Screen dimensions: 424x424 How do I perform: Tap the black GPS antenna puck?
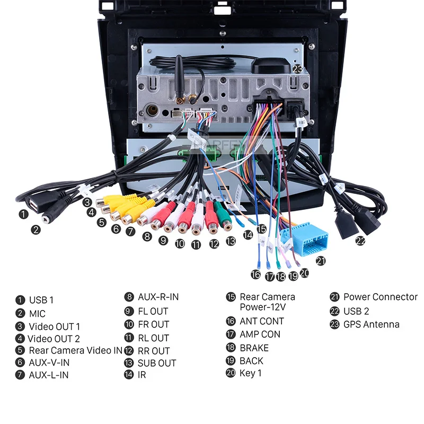(x=272, y=66)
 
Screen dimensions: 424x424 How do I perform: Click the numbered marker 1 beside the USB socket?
(x=23, y=215)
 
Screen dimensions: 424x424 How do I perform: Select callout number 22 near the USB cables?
(x=360, y=241)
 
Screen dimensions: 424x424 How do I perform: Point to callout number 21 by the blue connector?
(x=321, y=260)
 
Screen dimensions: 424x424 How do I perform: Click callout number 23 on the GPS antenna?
(x=298, y=69)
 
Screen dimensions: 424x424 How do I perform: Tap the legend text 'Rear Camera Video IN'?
(x=75, y=350)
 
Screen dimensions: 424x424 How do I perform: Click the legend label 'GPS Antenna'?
(x=371, y=324)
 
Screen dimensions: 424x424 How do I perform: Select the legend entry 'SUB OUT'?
(x=157, y=363)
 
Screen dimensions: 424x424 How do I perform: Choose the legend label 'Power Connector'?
(x=380, y=297)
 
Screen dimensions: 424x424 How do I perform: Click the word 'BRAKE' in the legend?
(x=254, y=348)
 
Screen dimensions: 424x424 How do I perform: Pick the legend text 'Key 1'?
(x=250, y=373)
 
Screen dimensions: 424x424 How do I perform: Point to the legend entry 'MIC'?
(x=37, y=313)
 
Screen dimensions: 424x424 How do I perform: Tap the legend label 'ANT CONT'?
(x=261, y=321)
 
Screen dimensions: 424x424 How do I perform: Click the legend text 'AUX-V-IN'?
(x=49, y=363)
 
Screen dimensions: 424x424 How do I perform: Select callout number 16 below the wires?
(x=256, y=274)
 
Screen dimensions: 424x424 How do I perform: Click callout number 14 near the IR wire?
(x=248, y=234)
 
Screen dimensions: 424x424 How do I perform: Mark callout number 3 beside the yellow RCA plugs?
(x=86, y=202)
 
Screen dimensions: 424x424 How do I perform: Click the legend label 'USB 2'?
(x=356, y=311)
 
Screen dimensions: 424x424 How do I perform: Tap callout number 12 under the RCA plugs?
(x=214, y=244)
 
